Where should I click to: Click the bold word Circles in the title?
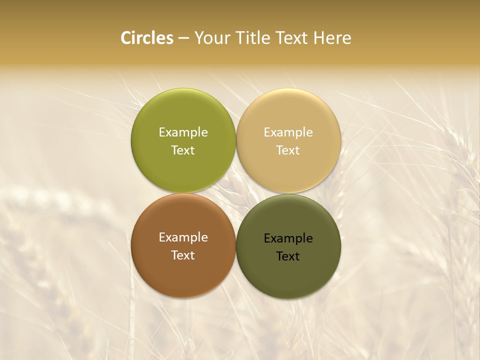[x=147, y=38]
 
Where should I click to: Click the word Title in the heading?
[x=252, y=38]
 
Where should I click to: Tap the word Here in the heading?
[x=332, y=38]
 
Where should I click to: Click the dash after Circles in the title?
[x=183, y=38]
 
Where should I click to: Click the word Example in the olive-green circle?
[x=183, y=132]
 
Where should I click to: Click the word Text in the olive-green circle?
[x=183, y=150]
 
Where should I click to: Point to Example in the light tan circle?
[x=288, y=132]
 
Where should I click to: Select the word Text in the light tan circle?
[x=288, y=150]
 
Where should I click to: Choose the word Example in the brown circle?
[x=183, y=237]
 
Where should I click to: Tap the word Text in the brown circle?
[x=183, y=255]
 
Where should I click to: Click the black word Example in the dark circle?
[x=288, y=238]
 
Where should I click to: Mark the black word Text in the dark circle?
[x=288, y=256]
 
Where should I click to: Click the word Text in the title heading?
[x=292, y=38]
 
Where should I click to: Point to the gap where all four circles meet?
[x=236, y=193]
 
